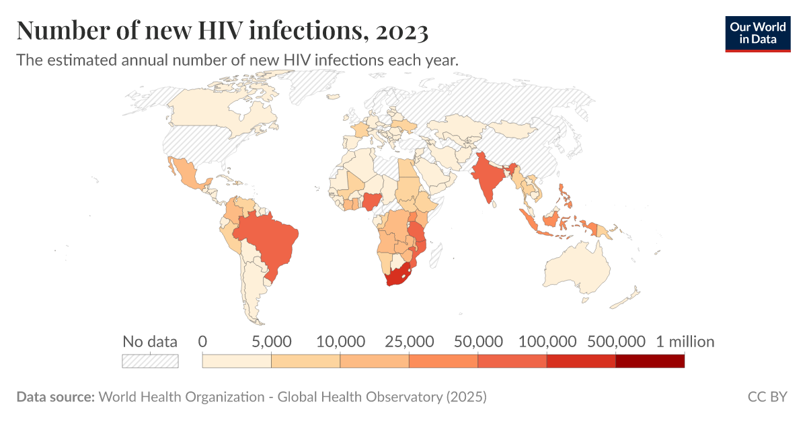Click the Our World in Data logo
coord(757,32)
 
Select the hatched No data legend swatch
coord(150,361)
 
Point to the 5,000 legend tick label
coord(271,342)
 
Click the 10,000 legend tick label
coord(340,342)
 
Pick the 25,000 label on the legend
coord(409,342)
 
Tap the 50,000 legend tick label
coord(477,342)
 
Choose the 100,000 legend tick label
coord(547,342)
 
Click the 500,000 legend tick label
coord(615,342)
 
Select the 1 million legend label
coord(685,342)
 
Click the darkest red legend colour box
coord(650,361)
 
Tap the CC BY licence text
coord(767,397)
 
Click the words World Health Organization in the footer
coord(182,397)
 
